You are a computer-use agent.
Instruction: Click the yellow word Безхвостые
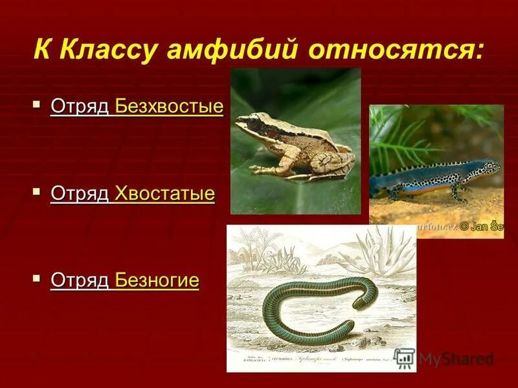pyautogui.click(x=169, y=107)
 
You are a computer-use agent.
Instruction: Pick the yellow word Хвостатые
pyautogui.click(x=164, y=193)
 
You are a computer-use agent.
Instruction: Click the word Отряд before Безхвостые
pyautogui.click(x=80, y=107)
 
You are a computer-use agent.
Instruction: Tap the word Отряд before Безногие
pyautogui.click(x=80, y=281)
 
